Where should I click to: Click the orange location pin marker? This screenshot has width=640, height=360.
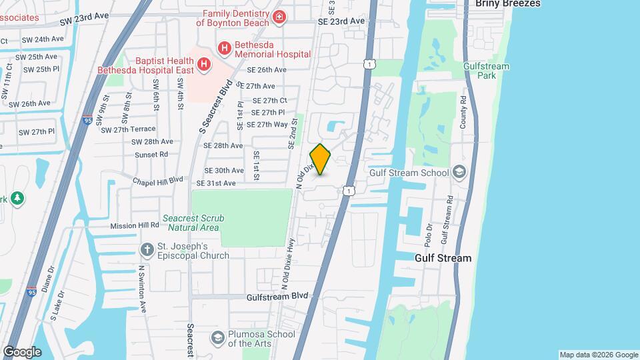(x=321, y=159)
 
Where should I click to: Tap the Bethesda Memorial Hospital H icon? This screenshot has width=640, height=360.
(x=225, y=47)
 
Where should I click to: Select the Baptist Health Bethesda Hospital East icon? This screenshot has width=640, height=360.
(x=204, y=65)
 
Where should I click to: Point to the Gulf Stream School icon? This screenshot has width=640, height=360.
(x=459, y=173)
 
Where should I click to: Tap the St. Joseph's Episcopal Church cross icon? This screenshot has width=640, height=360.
(x=147, y=249)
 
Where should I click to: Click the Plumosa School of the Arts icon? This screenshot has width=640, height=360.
(x=217, y=338)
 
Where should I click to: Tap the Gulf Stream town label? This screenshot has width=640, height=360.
(x=443, y=258)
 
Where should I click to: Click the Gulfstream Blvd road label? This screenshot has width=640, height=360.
(x=277, y=296)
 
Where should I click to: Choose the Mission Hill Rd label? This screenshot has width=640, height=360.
(x=135, y=226)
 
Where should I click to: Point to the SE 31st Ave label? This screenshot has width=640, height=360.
(x=216, y=183)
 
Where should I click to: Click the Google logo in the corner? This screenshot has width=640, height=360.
(x=21, y=352)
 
